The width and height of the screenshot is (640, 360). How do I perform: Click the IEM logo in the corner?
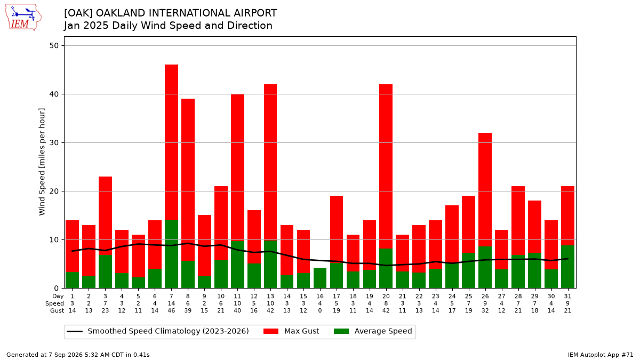tap(23, 18)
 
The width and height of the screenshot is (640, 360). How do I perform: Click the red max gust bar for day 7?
tap(171, 142)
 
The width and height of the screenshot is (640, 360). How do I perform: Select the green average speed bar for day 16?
tap(320, 278)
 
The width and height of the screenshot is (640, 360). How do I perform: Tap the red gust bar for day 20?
tap(386, 166)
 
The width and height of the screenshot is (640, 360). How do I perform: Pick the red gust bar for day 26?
tap(485, 189)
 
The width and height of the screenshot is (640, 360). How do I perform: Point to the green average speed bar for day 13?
tap(270, 265)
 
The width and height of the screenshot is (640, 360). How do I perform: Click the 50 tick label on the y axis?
tap(54, 46)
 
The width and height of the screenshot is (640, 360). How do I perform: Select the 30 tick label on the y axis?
tap(54, 142)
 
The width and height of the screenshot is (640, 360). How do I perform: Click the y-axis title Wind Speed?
tap(42, 162)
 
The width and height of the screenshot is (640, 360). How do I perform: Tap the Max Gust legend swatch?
tap(271, 331)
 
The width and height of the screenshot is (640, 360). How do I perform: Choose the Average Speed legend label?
tap(383, 331)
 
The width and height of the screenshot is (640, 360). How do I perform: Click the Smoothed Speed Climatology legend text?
tap(169, 331)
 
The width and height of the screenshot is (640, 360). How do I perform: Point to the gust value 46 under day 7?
tap(171, 310)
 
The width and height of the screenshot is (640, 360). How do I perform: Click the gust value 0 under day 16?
tap(320, 310)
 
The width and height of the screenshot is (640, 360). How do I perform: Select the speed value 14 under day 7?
tap(171, 303)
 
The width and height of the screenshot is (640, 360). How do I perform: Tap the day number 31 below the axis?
tap(567, 297)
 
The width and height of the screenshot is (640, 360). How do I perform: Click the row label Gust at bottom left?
tap(57, 310)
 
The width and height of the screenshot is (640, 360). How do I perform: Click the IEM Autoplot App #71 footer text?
tap(601, 355)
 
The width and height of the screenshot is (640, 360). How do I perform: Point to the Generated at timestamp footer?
tap(78, 355)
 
